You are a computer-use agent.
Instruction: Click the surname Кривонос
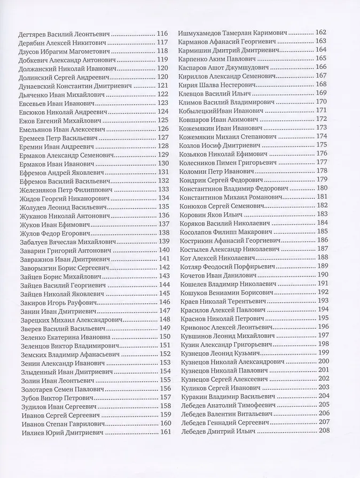[197, 326]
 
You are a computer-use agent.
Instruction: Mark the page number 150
[165, 336]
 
